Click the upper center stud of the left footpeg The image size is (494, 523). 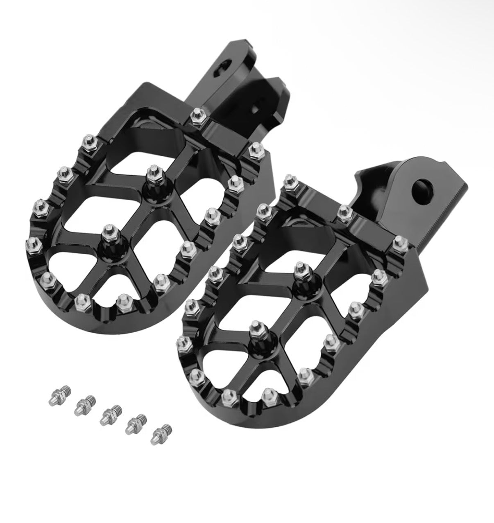click(x=153, y=172)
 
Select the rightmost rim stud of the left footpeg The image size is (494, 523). click(x=256, y=150)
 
